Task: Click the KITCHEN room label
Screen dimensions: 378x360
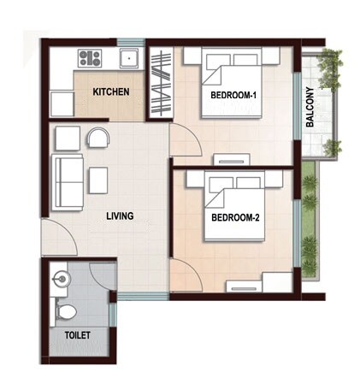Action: coord(111,92)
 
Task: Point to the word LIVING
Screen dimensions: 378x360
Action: coord(120,216)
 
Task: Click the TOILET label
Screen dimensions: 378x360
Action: coord(77,335)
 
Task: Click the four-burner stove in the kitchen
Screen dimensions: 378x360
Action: coord(89,58)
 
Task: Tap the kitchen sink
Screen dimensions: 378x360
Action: coord(130,58)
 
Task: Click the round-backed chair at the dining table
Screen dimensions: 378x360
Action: coord(99,138)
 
